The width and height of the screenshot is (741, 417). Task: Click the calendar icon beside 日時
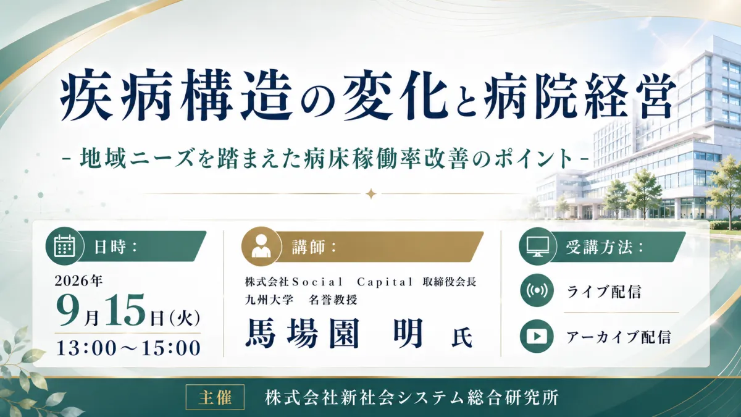[64, 246]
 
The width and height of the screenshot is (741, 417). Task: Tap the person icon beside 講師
[261, 246]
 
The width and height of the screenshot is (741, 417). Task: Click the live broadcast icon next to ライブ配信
[537, 291]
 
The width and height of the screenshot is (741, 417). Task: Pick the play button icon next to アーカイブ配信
[537, 337]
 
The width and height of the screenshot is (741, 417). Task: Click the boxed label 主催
[215, 397]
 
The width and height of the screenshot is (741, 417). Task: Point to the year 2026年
[79, 281]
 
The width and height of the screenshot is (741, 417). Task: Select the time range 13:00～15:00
[128, 348]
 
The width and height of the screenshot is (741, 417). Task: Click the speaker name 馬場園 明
[334, 333]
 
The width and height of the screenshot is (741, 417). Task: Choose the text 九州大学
[269, 300]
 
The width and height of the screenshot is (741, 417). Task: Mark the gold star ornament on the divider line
[371, 193]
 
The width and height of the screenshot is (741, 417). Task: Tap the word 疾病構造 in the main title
[176, 95]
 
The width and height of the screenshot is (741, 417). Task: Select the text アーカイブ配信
[619, 337]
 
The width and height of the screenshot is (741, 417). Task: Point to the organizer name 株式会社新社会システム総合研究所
[411, 397]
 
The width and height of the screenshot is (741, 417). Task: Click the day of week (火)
[184, 319]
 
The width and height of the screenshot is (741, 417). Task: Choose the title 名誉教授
[333, 300]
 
